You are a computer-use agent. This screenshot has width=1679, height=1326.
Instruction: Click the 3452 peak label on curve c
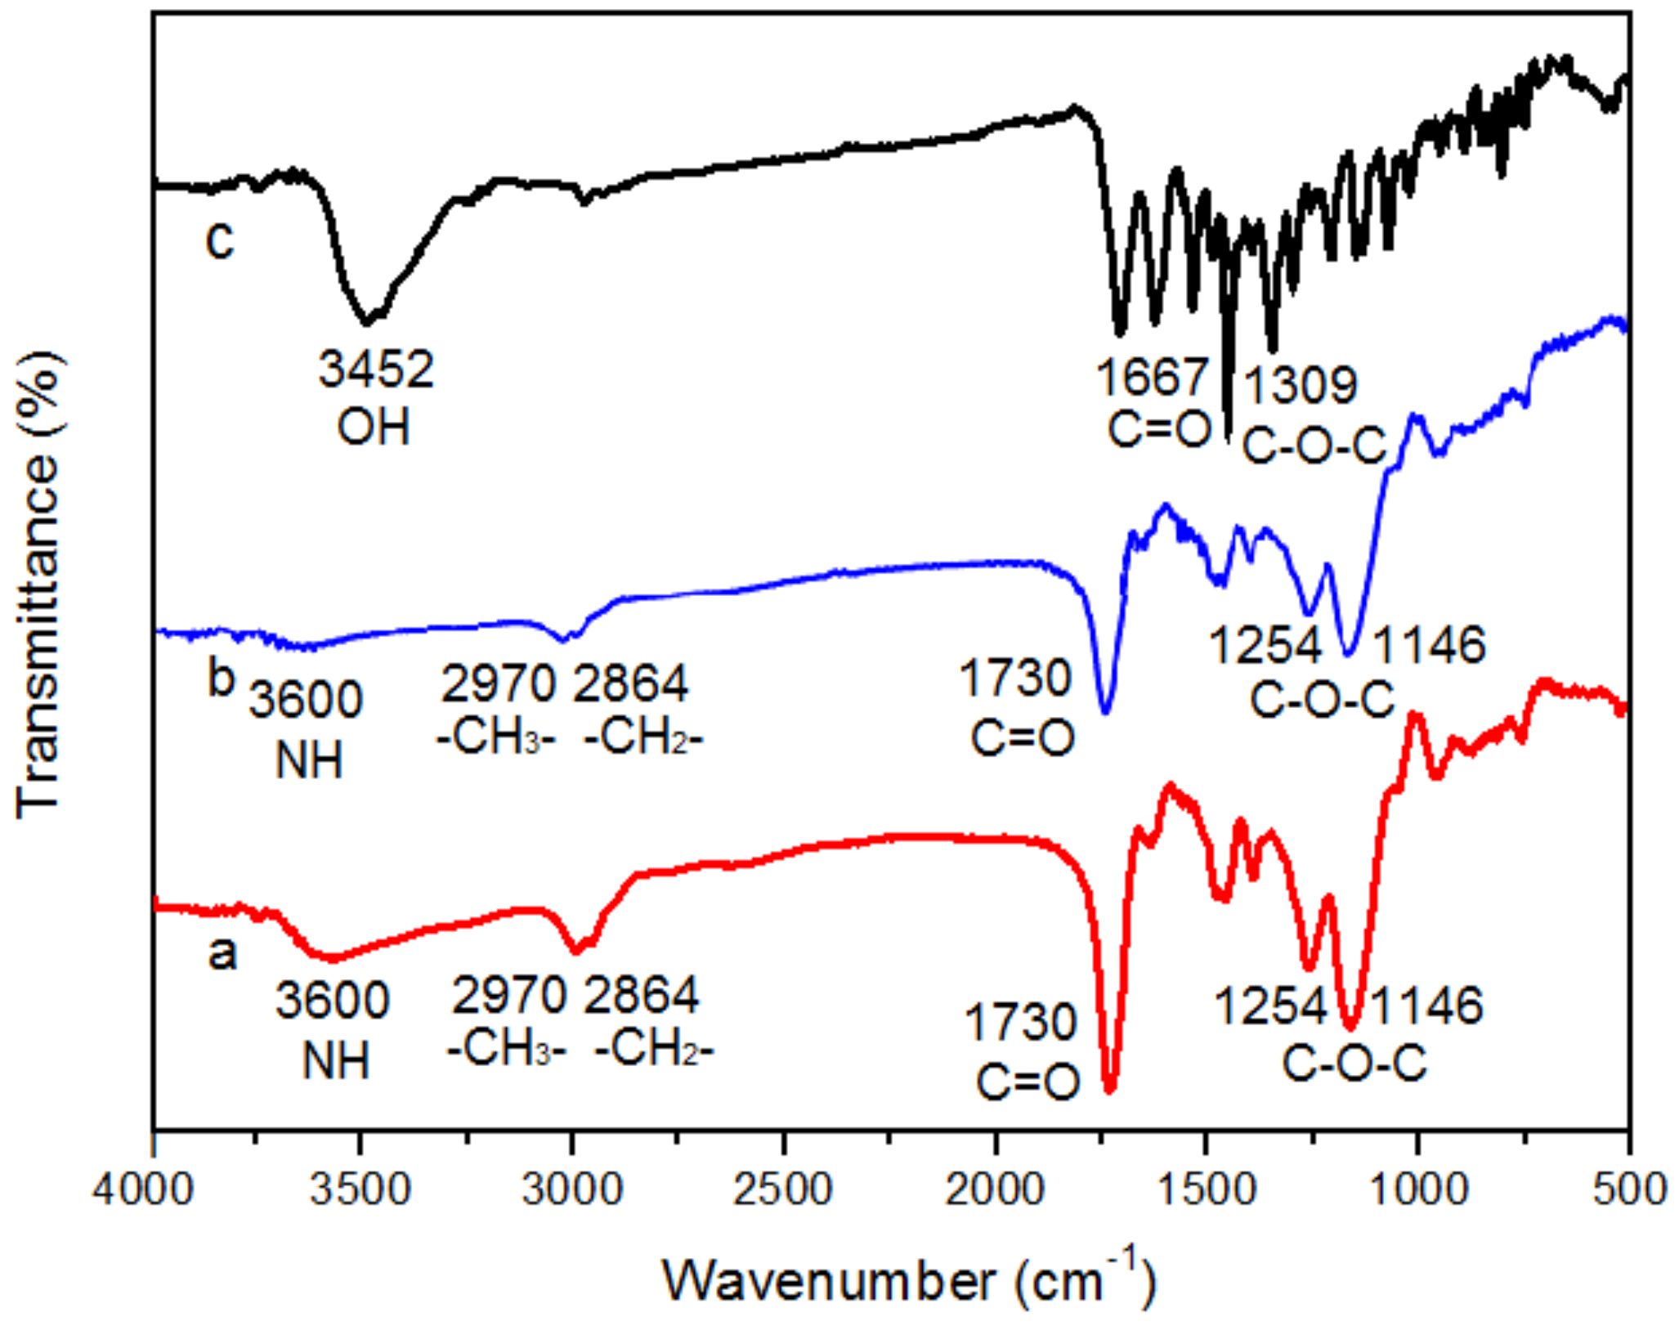375,369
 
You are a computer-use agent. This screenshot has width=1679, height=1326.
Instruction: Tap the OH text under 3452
374,428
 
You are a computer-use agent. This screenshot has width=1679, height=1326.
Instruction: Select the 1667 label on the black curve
1152,378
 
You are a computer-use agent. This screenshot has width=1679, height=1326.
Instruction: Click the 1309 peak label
1301,385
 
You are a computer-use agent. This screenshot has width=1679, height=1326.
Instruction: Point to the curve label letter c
220,240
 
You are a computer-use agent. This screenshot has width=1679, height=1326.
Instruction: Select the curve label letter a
222,953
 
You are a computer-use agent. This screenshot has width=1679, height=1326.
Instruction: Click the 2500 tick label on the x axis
783,1189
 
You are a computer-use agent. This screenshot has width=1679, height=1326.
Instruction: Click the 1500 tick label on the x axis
1207,1189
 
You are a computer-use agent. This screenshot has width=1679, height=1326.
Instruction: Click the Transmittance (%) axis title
38,585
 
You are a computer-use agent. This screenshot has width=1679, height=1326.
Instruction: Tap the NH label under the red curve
336,1061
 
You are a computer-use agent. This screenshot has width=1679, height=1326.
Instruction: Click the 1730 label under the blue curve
1015,679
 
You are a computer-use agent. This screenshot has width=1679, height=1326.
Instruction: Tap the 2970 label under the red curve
508,996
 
